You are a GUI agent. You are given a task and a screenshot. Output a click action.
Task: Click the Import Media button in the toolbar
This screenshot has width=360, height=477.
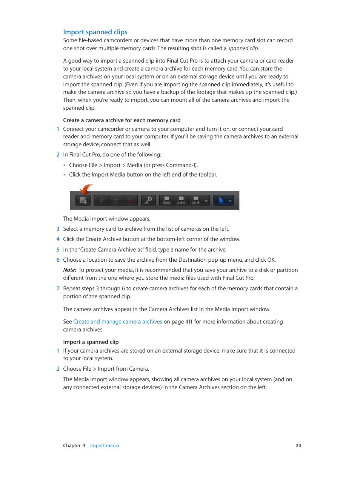(x=83, y=201)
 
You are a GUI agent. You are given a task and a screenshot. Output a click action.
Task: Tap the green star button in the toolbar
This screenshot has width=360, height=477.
(x=101, y=201)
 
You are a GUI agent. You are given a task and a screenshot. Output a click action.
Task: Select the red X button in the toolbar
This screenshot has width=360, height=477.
(x=130, y=201)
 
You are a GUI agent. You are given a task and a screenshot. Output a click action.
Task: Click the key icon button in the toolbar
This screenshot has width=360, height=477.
(x=148, y=201)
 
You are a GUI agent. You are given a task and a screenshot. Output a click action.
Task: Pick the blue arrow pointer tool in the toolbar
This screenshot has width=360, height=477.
(x=221, y=201)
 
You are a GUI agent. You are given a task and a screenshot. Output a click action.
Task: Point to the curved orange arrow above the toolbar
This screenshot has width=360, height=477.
(x=86, y=189)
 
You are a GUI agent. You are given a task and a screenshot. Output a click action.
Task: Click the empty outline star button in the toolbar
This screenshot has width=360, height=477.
(x=116, y=201)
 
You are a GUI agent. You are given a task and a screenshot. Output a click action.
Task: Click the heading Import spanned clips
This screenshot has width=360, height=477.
(x=95, y=32)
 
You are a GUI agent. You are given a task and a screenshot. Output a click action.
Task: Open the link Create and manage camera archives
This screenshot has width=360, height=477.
(x=117, y=322)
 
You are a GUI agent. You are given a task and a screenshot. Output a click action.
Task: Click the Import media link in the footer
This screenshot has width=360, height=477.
(x=105, y=446)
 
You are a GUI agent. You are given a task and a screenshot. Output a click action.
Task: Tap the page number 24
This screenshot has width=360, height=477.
(x=298, y=446)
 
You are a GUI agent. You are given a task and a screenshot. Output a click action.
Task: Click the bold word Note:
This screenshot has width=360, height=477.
(x=69, y=270)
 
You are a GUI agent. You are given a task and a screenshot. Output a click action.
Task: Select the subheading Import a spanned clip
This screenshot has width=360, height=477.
(x=91, y=342)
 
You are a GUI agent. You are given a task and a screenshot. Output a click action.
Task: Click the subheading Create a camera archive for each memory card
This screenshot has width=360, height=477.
(x=122, y=120)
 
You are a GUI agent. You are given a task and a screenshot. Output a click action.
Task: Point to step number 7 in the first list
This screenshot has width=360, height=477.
(x=58, y=288)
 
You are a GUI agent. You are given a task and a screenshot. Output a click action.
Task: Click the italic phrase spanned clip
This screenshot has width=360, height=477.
(x=243, y=48)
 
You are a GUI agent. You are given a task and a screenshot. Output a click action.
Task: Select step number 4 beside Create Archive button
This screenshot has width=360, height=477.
(x=58, y=239)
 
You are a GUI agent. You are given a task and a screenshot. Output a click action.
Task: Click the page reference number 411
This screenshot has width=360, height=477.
(x=189, y=322)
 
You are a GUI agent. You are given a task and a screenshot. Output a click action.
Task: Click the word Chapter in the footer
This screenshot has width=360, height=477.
(x=72, y=446)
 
